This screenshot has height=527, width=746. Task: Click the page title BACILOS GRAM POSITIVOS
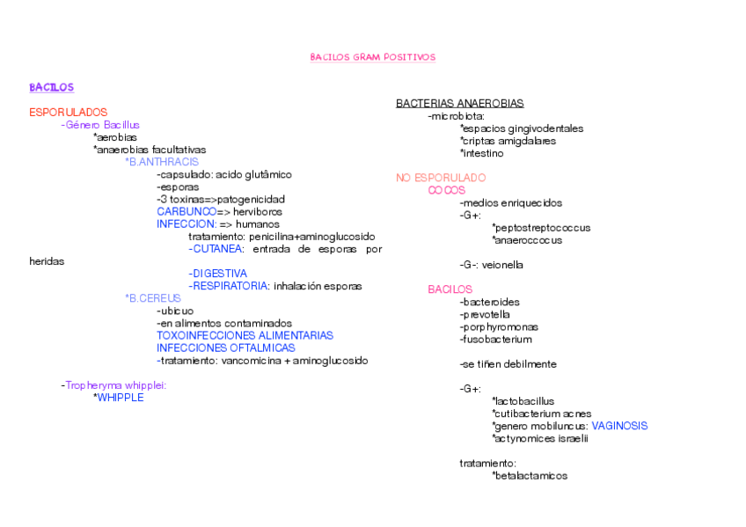(x=372, y=57)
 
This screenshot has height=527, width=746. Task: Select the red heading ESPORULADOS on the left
(x=68, y=113)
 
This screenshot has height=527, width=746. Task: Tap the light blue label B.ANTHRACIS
(x=163, y=162)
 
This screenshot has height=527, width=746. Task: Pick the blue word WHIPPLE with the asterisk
(x=120, y=398)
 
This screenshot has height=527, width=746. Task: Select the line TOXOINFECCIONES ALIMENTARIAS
(x=245, y=335)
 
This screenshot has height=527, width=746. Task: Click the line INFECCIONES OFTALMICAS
(x=225, y=348)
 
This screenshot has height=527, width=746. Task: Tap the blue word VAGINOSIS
(x=619, y=426)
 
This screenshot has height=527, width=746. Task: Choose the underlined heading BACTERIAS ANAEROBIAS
(x=459, y=104)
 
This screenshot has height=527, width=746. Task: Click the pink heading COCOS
(x=446, y=190)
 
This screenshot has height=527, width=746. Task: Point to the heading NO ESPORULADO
(x=441, y=178)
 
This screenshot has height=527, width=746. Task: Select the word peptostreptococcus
(x=543, y=228)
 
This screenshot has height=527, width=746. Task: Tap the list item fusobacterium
(x=495, y=340)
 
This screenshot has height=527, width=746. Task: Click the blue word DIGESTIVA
(x=219, y=274)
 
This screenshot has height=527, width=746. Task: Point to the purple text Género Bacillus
(x=102, y=125)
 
